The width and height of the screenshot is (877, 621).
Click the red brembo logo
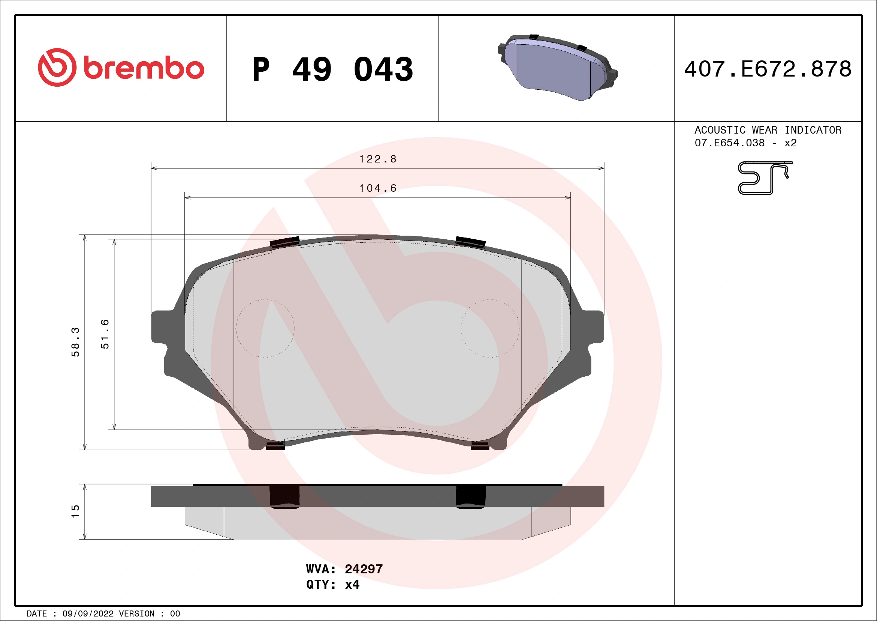(x=121, y=68)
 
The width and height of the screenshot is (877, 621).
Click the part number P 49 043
(x=332, y=69)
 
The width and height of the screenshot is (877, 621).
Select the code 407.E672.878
(x=768, y=69)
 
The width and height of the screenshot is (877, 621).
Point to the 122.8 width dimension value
(x=377, y=159)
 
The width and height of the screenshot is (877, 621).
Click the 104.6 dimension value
(x=377, y=188)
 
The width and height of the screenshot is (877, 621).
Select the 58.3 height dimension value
(x=75, y=342)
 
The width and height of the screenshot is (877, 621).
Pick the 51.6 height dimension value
(x=105, y=334)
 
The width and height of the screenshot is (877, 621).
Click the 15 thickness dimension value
(x=75, y=511)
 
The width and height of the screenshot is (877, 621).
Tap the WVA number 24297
(x=363, y=569)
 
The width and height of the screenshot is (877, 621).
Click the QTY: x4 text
(x=332, y=585)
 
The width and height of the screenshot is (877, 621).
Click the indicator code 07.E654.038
(x=729, y=143)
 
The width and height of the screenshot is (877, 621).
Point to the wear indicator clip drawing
(x=764, y=178)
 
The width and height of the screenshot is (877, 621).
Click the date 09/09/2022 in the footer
(x=88, y=614)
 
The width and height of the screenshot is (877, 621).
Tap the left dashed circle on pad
(x=265, y=328)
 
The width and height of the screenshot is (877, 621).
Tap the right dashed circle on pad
(x=490, y=328)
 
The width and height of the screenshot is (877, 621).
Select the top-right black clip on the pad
(x=470, y=242)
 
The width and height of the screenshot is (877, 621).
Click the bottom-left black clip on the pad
(x=275, y=445)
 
